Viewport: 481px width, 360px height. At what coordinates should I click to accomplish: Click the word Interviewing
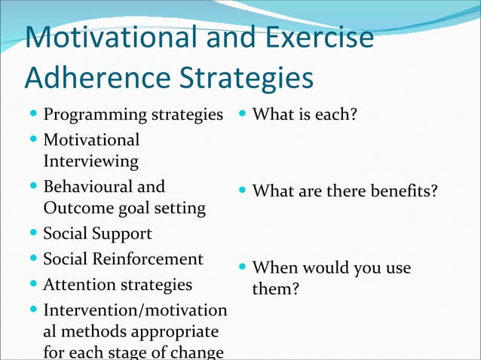(90, 161)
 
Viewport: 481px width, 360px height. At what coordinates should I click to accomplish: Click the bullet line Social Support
(97, 233)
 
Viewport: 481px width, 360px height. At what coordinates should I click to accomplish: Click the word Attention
(77, 285)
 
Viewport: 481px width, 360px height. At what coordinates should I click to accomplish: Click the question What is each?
(305, 115)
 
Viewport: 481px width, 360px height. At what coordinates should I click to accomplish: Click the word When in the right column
(277, 267)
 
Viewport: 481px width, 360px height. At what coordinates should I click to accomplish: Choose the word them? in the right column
(276, 288)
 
